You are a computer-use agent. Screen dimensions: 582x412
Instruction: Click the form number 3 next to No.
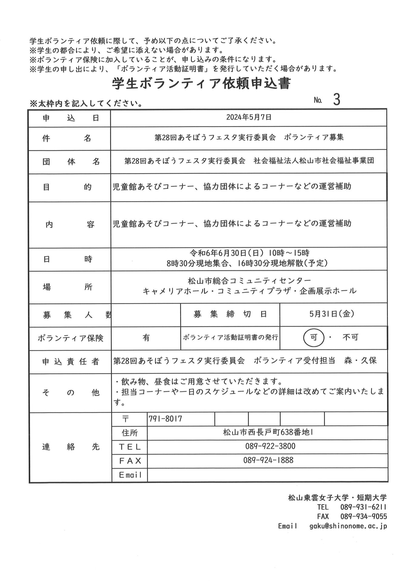(336, 100)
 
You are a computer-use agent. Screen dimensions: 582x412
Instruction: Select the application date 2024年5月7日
(248, 118)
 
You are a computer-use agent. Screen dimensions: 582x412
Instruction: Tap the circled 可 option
(314, 337)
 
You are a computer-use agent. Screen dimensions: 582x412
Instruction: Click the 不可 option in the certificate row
(350, 337)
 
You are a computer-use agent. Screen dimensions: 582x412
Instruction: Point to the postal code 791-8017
(165, 419)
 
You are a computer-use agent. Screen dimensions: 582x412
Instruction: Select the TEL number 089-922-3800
(270, 446)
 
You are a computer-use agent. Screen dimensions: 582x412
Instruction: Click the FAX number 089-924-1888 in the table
(268, 460)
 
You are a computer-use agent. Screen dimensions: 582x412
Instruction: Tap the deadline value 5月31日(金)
(332, 314)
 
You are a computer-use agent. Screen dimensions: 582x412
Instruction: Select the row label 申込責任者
(70, 361)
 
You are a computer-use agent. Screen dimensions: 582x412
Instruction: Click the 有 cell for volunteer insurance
(146, 337)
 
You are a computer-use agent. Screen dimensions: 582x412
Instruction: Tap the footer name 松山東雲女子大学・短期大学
(337, 497)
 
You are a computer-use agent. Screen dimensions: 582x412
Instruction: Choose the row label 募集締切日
(230, 314)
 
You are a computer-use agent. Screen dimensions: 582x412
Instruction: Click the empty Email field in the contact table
(267, 475)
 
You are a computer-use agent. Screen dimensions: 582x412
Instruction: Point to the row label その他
(70, 393)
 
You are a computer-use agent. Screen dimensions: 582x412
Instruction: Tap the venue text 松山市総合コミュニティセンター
(249, 280)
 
